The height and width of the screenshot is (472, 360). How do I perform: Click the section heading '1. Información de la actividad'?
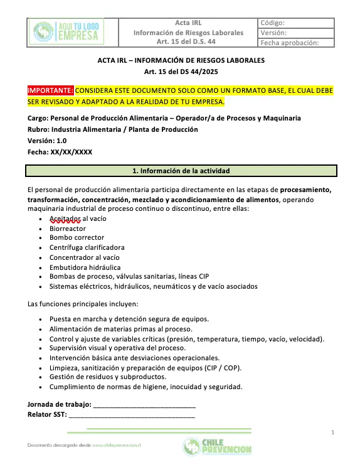point(181,171)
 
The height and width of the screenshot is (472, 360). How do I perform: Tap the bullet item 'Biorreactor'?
point(68,228)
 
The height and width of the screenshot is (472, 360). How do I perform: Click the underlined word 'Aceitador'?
point(65,218)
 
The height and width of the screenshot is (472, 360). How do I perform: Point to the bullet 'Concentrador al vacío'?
point(85,257)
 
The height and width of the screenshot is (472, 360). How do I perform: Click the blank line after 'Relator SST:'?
point(132,415)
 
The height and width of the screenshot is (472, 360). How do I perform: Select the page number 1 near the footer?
point(333,432)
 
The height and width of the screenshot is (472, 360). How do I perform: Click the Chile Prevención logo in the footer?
point(217,448)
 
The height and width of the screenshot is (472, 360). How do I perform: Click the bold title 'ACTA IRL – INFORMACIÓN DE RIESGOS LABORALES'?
point(181,60)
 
